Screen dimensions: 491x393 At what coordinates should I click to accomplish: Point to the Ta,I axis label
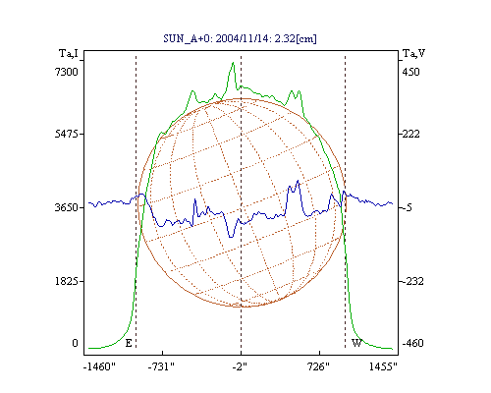[x=69, y=53]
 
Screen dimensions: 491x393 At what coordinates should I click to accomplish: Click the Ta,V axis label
[x=413, y=53]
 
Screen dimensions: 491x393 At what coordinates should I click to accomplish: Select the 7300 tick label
[x=67, y=72]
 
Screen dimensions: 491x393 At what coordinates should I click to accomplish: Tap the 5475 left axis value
[x=67, y=134]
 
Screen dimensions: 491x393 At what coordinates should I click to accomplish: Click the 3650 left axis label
[x=67, y=207]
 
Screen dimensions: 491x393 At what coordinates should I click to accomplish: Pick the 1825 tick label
[x=67, y=281]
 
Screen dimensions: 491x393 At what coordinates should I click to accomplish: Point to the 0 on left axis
[x=75, y=343]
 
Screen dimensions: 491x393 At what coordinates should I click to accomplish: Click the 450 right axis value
[x=410, y=72]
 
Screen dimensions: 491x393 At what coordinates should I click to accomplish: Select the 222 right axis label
[x=410, y=134]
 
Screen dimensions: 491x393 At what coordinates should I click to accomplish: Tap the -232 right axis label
[x=412, y=281]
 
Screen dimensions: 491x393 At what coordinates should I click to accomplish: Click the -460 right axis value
[x=412, y=343]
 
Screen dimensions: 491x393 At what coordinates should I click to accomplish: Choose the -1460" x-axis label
[x=99, y=366]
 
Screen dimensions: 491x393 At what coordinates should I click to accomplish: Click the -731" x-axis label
[x=161, y=366]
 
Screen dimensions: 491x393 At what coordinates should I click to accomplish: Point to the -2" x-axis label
[x=240, y=366]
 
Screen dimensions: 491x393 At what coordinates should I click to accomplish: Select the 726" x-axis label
[x=318, y=366]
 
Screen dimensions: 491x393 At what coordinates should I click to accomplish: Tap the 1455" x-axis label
[x=383, y=366]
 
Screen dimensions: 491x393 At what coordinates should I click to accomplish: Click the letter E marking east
[x=129, y=343]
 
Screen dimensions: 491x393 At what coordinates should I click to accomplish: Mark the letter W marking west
[x=356, y=343]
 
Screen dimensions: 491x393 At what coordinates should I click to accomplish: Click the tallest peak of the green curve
[x=233, y=62]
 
